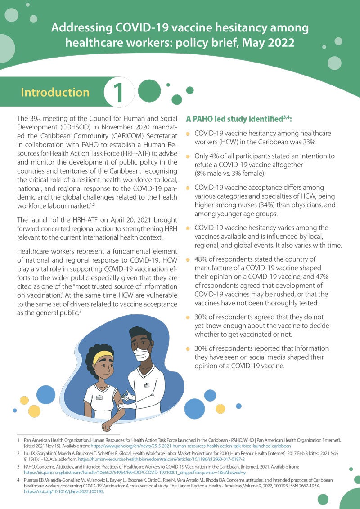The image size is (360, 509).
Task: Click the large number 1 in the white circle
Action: (x=119, y=92)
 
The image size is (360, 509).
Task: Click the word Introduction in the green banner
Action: (x=55, y=93)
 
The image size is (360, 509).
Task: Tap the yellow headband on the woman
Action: (x=102, y=357)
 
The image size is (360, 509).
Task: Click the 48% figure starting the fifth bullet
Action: (x=202, y=259)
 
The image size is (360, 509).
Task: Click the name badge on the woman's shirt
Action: (x=99, y=397)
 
